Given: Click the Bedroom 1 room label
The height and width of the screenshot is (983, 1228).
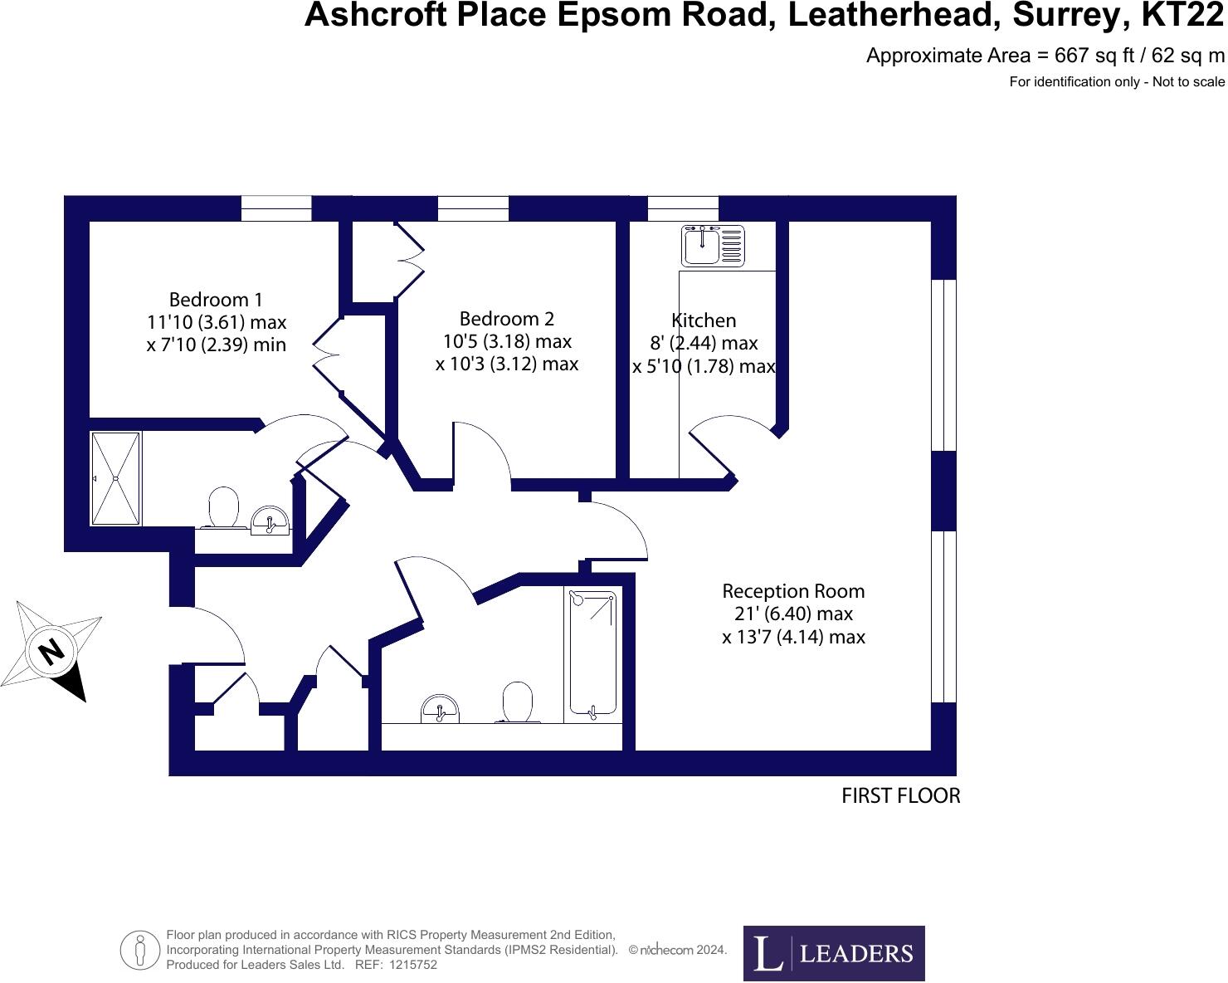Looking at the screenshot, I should [x=216, y=300].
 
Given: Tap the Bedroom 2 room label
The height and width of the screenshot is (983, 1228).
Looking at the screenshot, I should [x=506, y=319].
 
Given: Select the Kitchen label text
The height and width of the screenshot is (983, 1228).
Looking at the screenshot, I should [x=704, y=320].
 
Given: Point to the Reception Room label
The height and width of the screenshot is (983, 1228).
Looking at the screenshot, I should [x=793, y=591].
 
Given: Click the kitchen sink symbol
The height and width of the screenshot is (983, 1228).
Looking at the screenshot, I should [x=712, y=245].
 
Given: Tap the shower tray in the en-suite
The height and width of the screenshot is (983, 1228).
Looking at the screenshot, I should [x=116, y=478].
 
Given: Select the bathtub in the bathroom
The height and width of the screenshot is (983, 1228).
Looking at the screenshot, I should [x=592, y=653].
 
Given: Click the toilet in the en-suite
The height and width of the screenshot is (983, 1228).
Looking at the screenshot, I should [x=223, y=507].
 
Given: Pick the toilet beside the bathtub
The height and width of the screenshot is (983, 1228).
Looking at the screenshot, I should [x=518, y=702].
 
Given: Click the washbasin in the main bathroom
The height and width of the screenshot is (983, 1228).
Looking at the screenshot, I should [x=440, y=710].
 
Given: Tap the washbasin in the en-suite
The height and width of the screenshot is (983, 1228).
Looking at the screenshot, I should [x=270, y=521].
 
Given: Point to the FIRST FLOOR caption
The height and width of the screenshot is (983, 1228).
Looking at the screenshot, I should [x=900, y=795].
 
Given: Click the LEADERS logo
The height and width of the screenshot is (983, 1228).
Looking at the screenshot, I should [x=833, y=953].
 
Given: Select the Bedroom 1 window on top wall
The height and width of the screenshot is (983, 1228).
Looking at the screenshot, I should [x=275, y=208].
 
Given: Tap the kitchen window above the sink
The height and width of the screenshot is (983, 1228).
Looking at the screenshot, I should [x=682, y=208].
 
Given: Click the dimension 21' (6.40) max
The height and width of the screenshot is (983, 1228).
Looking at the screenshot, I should [x=793, y=614].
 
